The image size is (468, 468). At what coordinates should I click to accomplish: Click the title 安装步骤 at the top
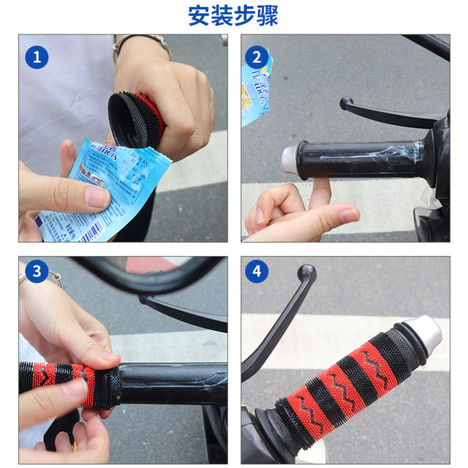pyautogui.click(x=233, y=15)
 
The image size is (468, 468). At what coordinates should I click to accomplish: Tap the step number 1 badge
pyautogui.click(x=36, y=57)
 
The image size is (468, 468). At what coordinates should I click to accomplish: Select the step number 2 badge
pyautogui.click(x=257, y=57)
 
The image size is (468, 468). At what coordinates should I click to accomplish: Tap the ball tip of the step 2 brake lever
pyautogui.click(x=345, y=103)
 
